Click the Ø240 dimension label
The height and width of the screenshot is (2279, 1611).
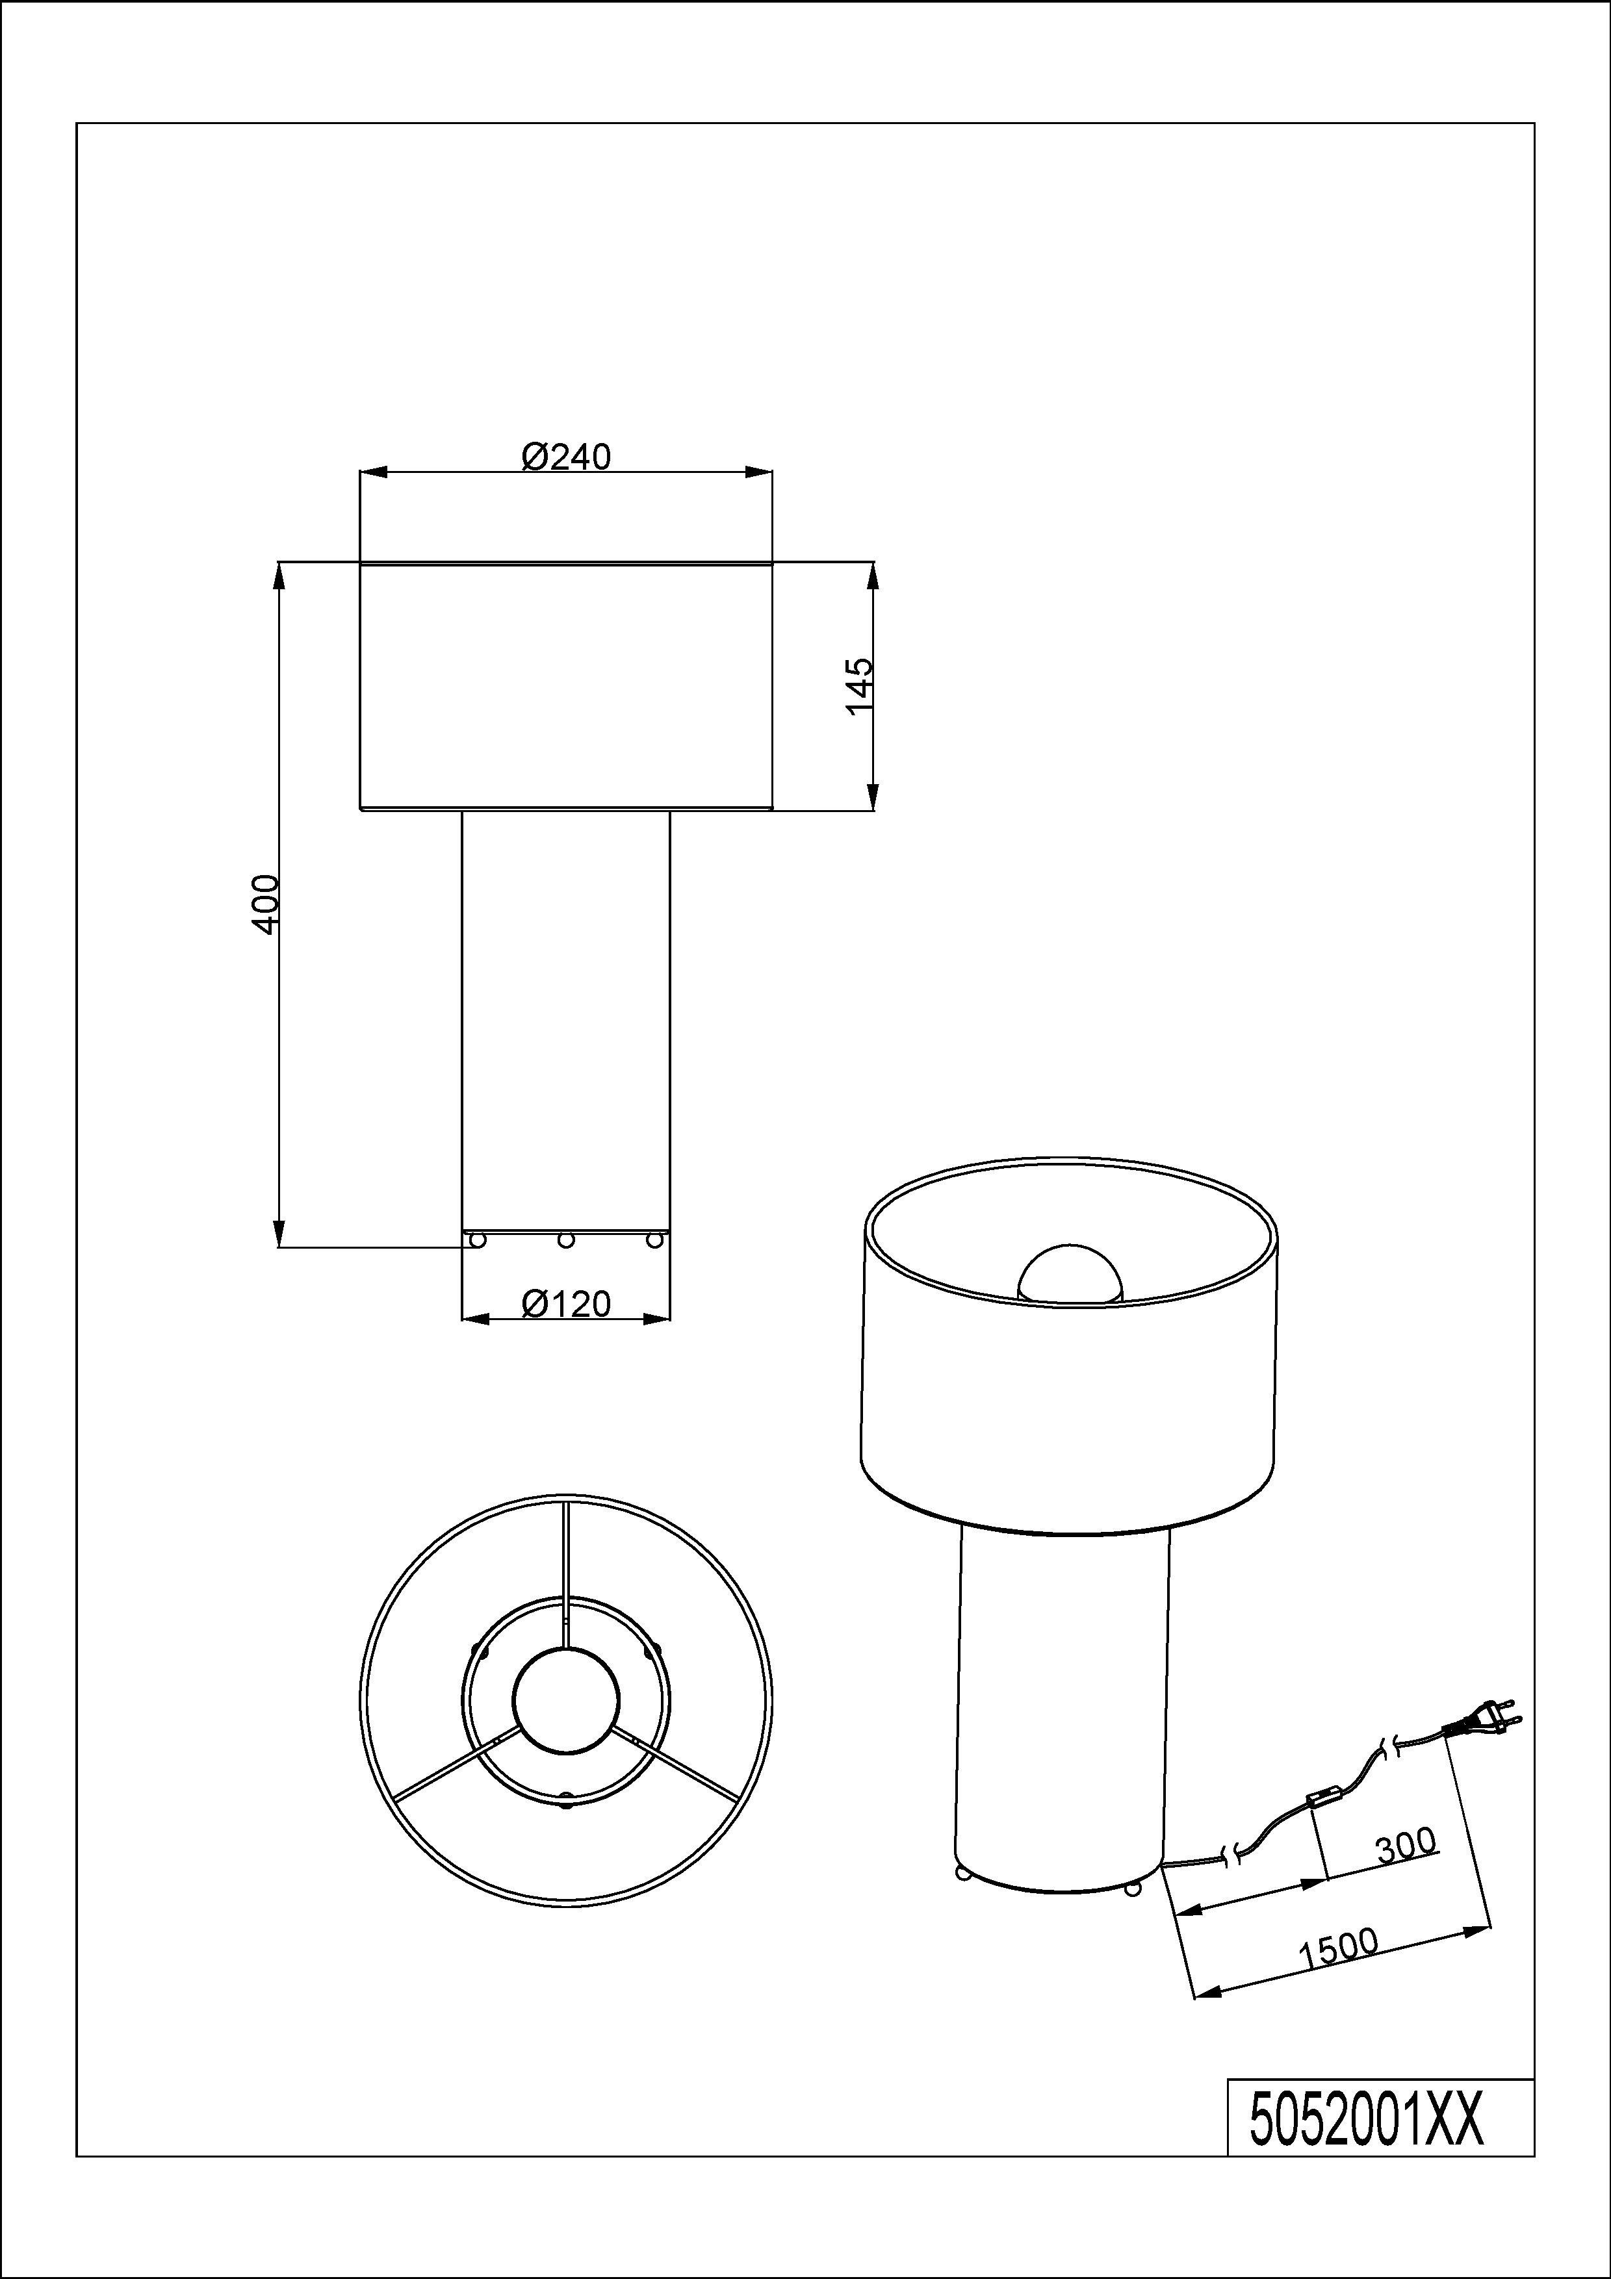point(566,457)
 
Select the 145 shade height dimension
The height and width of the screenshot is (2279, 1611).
point(860,685)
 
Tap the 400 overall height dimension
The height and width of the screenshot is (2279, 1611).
point(266,903)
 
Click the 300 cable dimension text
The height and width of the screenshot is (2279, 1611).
point(1406,1844)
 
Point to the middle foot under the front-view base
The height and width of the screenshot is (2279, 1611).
point(566,1239)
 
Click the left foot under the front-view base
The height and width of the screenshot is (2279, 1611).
point(478,1239)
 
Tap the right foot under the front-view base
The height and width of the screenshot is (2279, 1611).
point(654,1239)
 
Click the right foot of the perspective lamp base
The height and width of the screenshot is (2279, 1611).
point(1131,1888)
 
